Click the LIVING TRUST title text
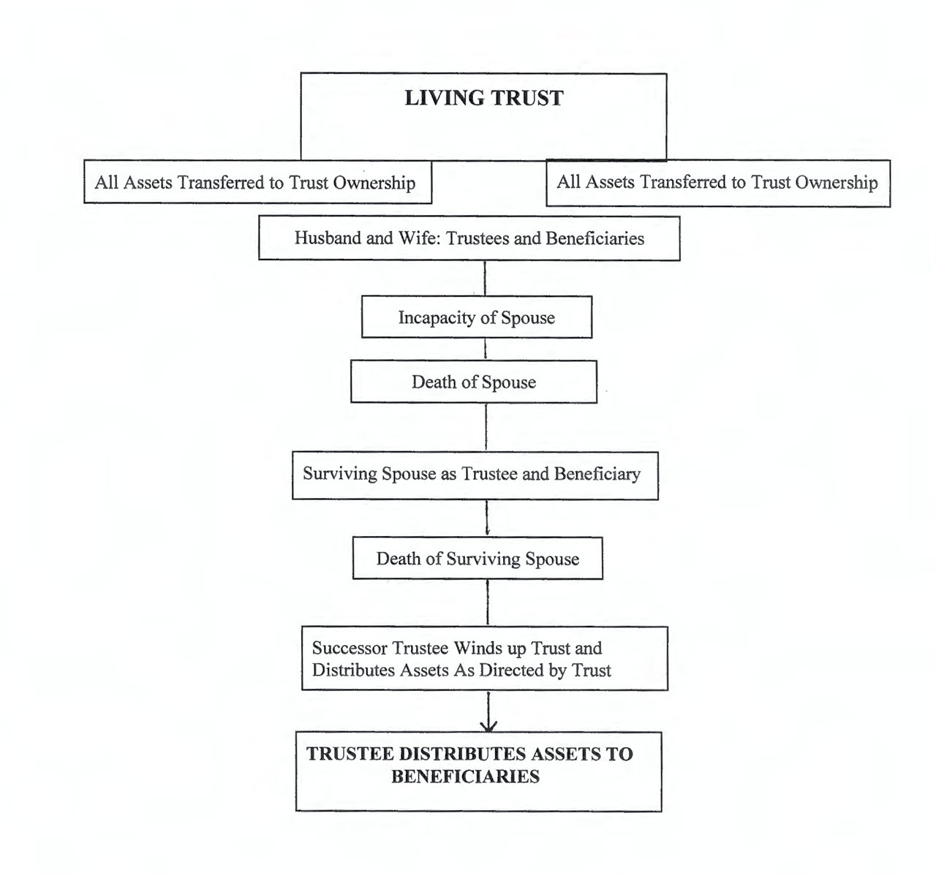(x=483, y=99)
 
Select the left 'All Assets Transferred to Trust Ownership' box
(x=257, y=182)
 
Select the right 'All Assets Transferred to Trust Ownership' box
(x=717, y=183)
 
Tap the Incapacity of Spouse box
(x=476, y=317)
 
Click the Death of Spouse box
(x=473, y=382)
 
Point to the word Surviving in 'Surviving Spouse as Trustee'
(x=335, y=474)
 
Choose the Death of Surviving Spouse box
(x=478, y=559)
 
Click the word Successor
(x=350, y=649)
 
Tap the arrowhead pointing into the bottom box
(x=488, y=725)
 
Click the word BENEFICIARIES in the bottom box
(x=465, y=777)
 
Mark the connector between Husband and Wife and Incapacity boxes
(x=485, y=278)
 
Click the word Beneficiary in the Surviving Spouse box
(x=597, y=474)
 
